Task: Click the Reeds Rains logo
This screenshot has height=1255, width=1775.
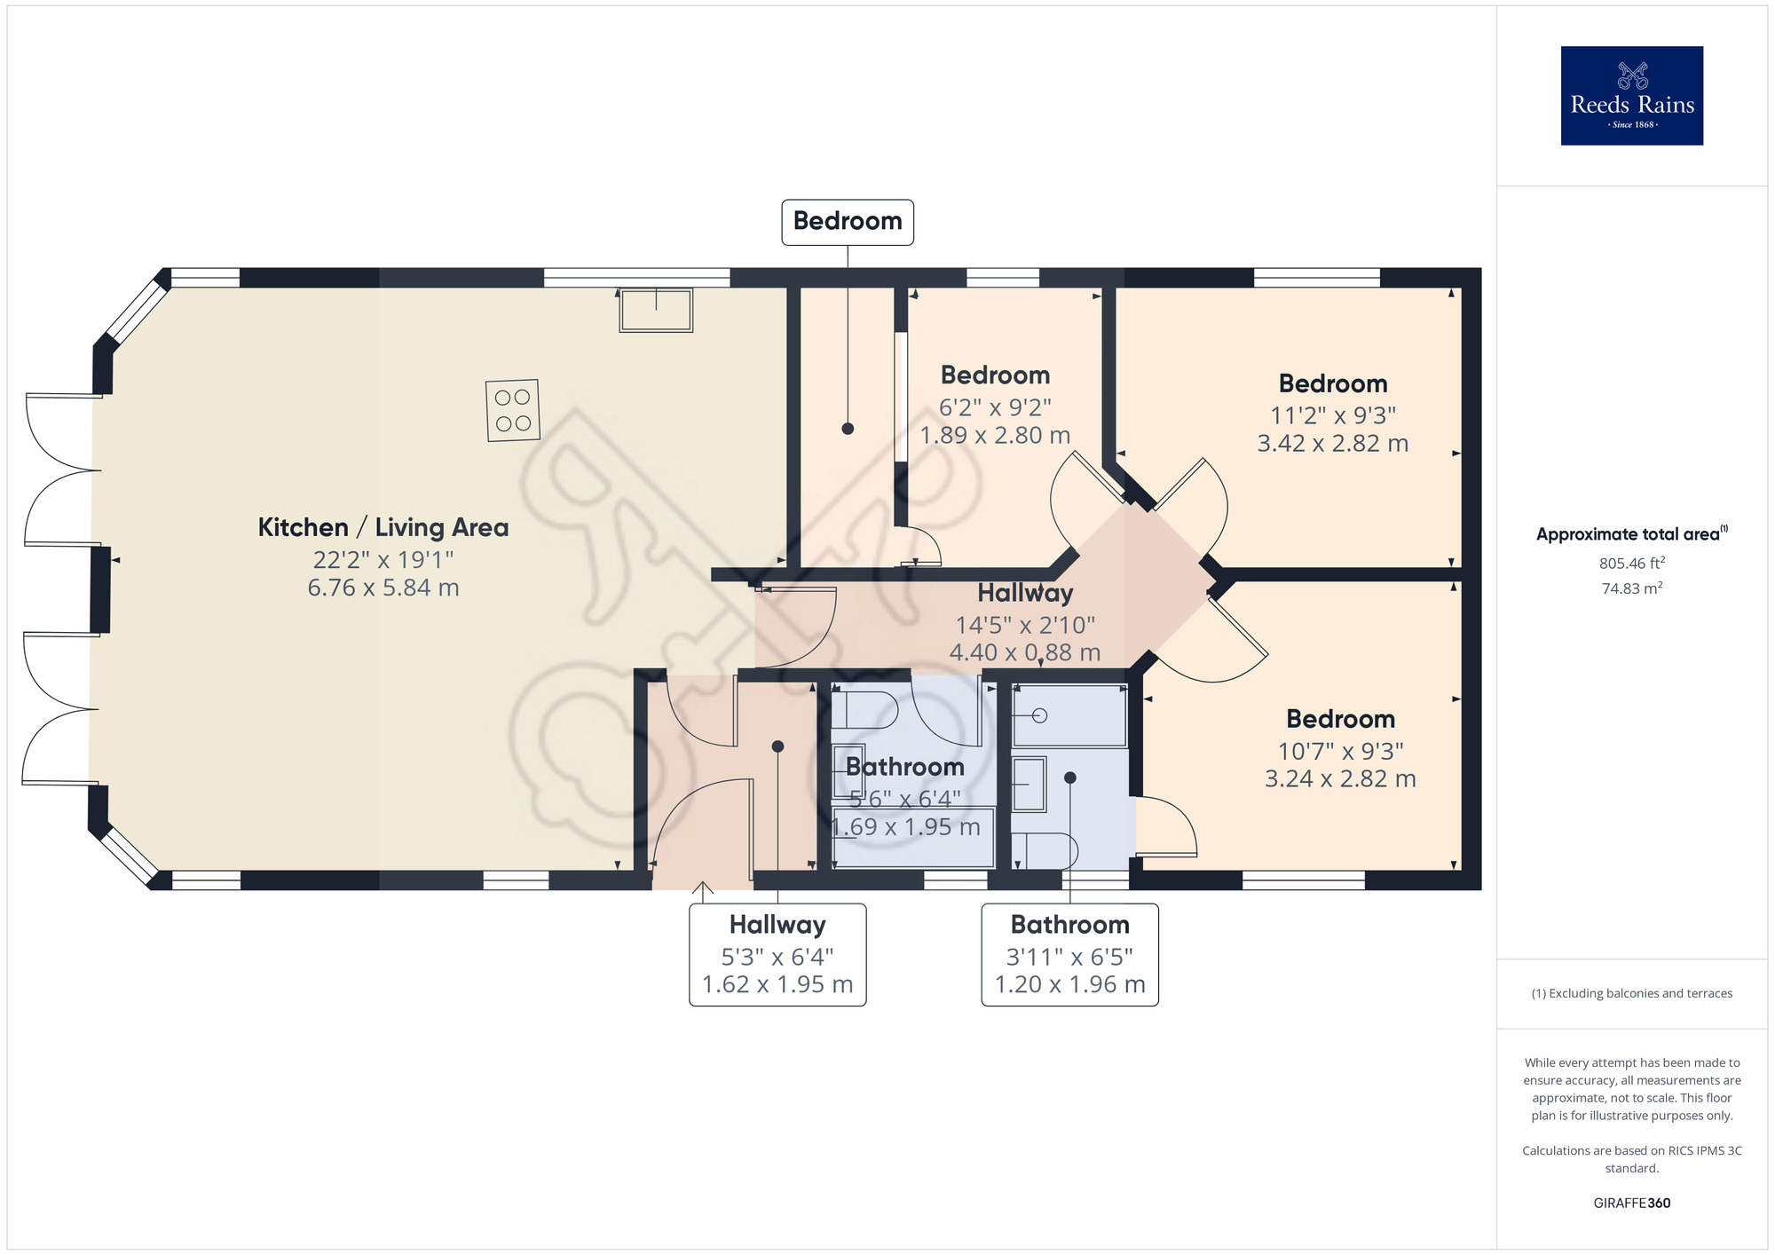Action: pos(1631,96)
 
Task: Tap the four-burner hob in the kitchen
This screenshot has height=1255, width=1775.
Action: pos(513,410)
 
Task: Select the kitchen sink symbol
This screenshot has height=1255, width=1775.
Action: pos(656,310)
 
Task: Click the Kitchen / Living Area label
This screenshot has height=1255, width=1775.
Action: pos(383,527)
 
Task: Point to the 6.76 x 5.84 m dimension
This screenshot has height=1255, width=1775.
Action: pos(383,588)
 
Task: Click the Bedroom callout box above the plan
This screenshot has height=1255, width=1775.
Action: pos(847,222)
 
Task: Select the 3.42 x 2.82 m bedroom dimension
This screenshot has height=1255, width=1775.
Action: pos(1332,443)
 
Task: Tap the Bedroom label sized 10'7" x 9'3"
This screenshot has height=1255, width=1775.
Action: pos(1340,719)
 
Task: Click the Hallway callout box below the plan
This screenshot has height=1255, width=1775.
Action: pos(777,954)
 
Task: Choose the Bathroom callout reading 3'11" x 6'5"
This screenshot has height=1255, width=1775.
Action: pos(1069,954)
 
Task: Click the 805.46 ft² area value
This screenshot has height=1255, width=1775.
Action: pos(1631,563)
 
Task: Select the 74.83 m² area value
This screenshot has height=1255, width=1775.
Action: pos(1631,588)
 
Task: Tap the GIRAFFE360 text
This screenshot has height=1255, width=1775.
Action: pos(1631,1203)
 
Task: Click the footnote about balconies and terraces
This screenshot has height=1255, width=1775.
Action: pos(1631,993)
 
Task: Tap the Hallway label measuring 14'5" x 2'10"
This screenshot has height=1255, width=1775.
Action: pos(1025,593)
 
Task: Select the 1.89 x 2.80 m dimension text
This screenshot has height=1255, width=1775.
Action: pos(995,436)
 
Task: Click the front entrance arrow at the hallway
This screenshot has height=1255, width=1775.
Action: pos(703,890)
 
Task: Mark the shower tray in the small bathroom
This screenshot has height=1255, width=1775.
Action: pos(1069,716)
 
